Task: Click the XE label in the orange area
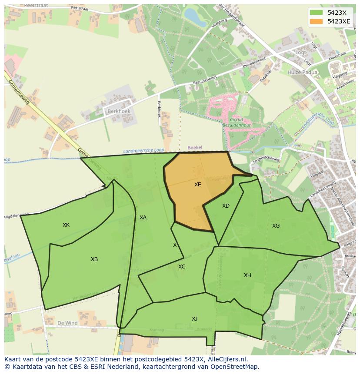tap(197, 185)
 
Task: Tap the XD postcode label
tap(226, 206)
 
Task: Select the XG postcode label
tap(276, 226)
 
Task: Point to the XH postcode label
tap(247, 275)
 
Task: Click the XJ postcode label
tap(194, 319)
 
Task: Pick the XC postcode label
tap(182, 267)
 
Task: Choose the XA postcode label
tap(143, 218)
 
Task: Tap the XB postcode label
tap(94, 259)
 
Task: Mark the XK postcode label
tap(66, 225)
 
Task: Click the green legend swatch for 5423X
tap(316, 13)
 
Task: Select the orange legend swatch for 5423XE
tap(316, 21)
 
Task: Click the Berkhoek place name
tap(118, 111)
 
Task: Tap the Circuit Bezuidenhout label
tap(237, 122)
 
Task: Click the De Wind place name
tap(67, 323)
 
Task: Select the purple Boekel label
tap(195, 148)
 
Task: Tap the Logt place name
tap(301, 53)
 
